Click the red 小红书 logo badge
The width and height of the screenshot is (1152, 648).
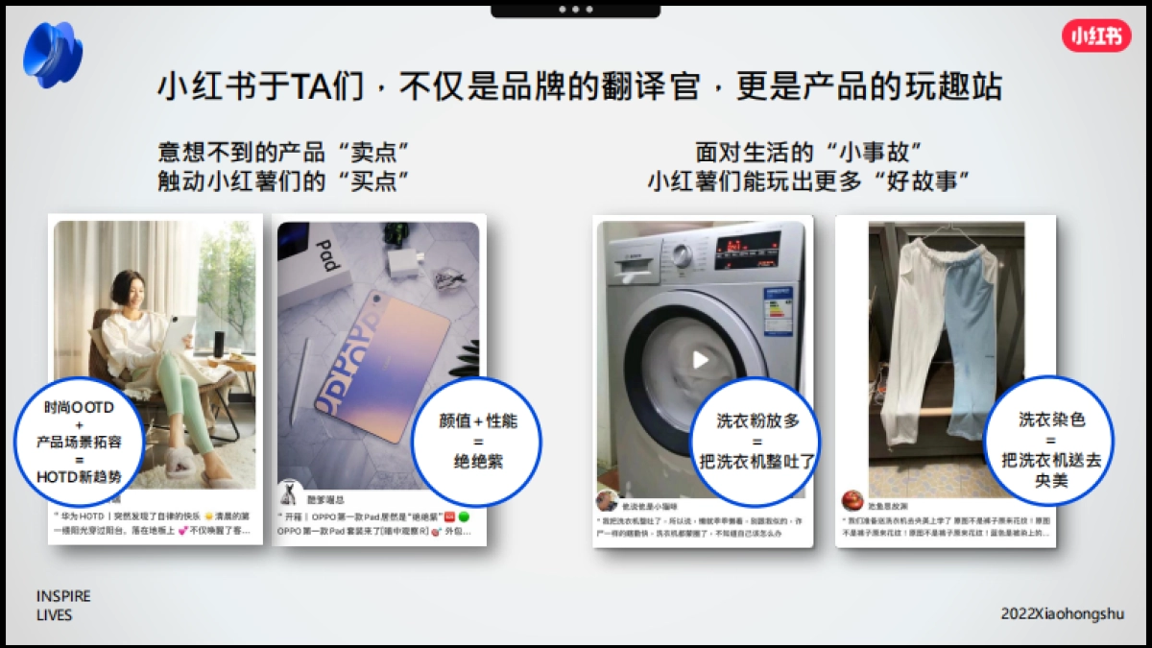coord(1095,36)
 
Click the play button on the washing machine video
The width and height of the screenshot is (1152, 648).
coord(701,360)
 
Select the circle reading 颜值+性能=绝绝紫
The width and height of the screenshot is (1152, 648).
coord(477,442)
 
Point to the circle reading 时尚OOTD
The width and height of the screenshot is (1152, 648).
coord(79,442)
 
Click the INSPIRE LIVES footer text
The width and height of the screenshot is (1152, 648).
coord(63,605)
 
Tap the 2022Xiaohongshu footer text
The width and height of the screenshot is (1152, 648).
coord(1062,612)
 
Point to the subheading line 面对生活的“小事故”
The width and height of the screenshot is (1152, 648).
coord(808,153)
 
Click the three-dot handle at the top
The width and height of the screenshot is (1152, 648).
coord(575,9)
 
